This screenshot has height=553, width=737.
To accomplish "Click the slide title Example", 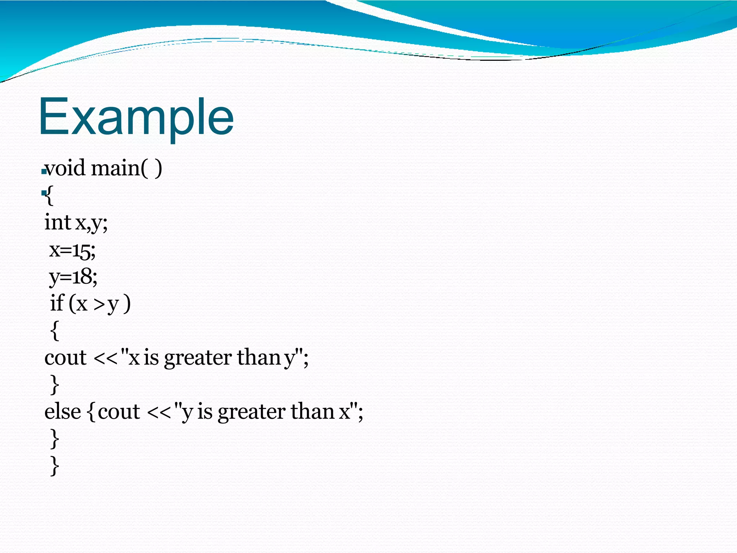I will click(136, 117).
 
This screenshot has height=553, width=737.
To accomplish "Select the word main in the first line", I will click(115, 168).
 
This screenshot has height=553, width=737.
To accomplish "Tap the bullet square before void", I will click(44, 172).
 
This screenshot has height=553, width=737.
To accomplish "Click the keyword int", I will click(58, 222).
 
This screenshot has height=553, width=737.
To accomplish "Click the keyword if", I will click(57, 303).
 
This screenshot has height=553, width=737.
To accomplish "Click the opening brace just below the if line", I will click(55, 331).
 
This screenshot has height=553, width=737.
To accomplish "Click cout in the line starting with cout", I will click(65, 358).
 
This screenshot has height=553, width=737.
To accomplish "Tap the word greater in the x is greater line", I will click(198, 359).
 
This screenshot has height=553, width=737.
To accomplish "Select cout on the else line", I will click(119, 412).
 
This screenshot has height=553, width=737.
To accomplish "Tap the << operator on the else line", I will click(159, 413).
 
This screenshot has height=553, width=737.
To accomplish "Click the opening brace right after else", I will click(91, 413).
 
